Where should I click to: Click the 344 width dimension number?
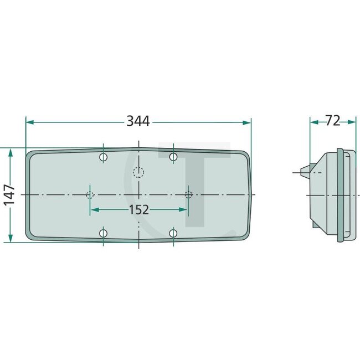(138, 121)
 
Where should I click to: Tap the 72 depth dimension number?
(332, 121)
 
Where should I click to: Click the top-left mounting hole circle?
(104, 158)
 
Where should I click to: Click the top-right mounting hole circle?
(173, 158)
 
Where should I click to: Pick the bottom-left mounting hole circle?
(104, 233)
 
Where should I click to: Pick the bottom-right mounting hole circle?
(173, 233)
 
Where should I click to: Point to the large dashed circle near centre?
(138, 173)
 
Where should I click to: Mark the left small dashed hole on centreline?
(90, 194)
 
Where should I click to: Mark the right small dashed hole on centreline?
(188, 194)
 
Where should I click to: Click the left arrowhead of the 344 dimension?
(29, 121)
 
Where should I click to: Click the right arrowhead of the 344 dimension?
(247, 121)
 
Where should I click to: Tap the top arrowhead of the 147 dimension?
(10, 152)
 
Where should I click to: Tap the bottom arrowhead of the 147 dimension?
(10, 239)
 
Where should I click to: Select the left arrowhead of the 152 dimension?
(94, 209)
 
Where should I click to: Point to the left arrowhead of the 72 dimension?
(313, 121)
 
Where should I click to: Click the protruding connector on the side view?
(304, 172)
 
